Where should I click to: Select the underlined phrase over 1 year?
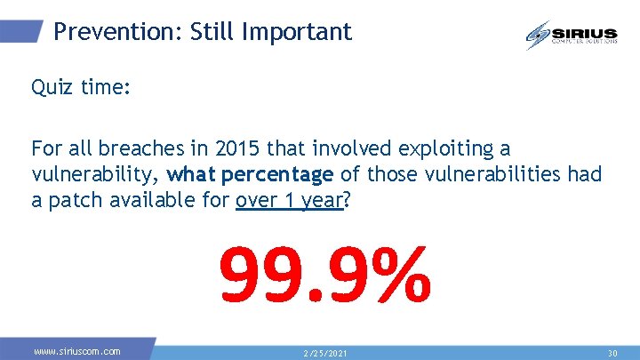coord(289,200)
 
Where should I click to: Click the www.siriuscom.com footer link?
coord(76,352)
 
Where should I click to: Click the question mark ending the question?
coord(348,200)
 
